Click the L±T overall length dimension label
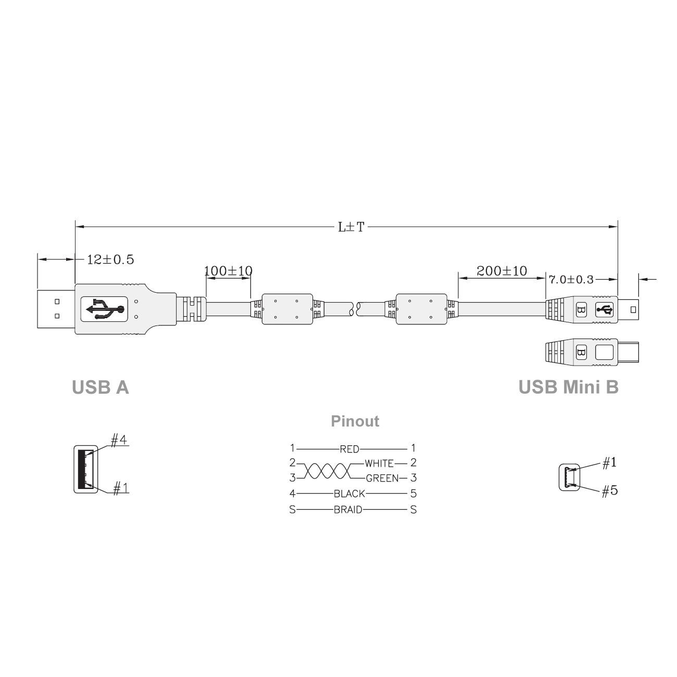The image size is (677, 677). [x=351, y=227]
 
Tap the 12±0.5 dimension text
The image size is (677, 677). [x=110, y=260]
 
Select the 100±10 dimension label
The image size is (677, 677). [x=229, y=271]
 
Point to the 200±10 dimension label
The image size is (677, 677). [x=502, y=271]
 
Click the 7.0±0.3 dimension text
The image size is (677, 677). [x=571, y=280]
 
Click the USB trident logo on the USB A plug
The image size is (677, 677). [x=105, y=309]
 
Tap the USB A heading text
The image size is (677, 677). [x=101, y=387]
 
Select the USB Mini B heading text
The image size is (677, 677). [x=569, y=387]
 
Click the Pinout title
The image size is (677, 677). [x=355, y=421]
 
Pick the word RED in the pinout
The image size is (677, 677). [x=349, y=449]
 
